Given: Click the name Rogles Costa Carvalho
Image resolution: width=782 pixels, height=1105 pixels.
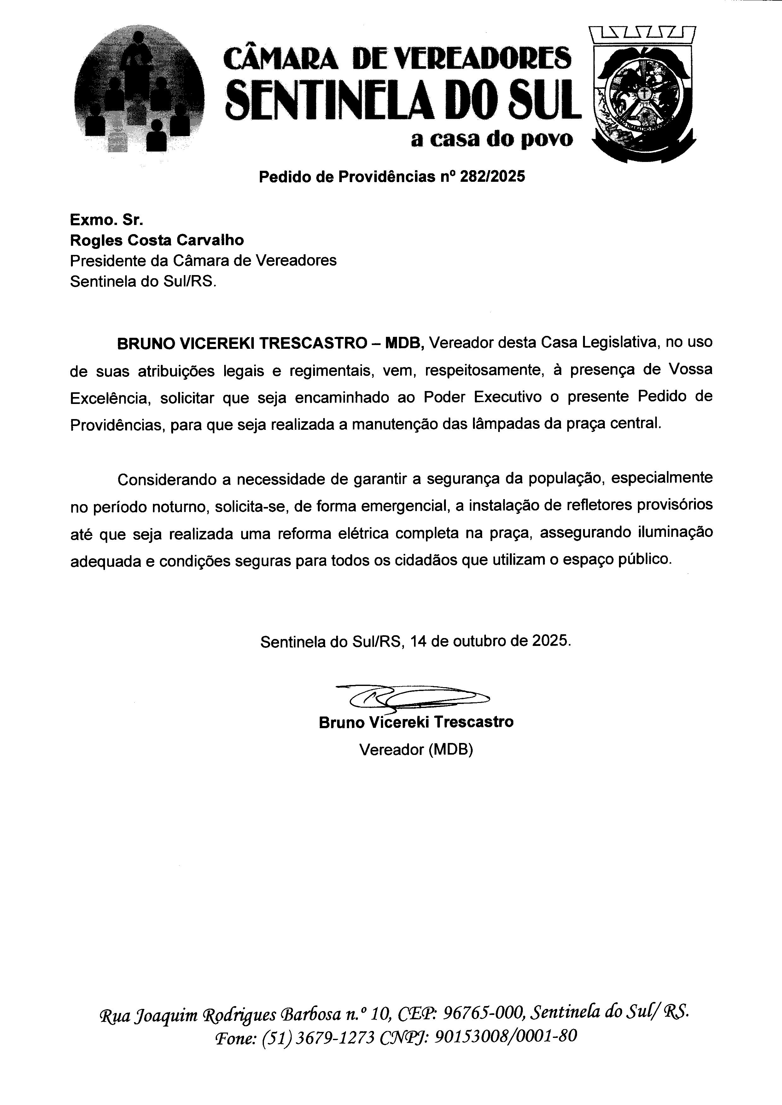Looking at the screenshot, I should click(x=157, y=240).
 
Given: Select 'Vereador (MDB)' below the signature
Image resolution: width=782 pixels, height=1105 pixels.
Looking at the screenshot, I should click(x=416, y=749).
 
